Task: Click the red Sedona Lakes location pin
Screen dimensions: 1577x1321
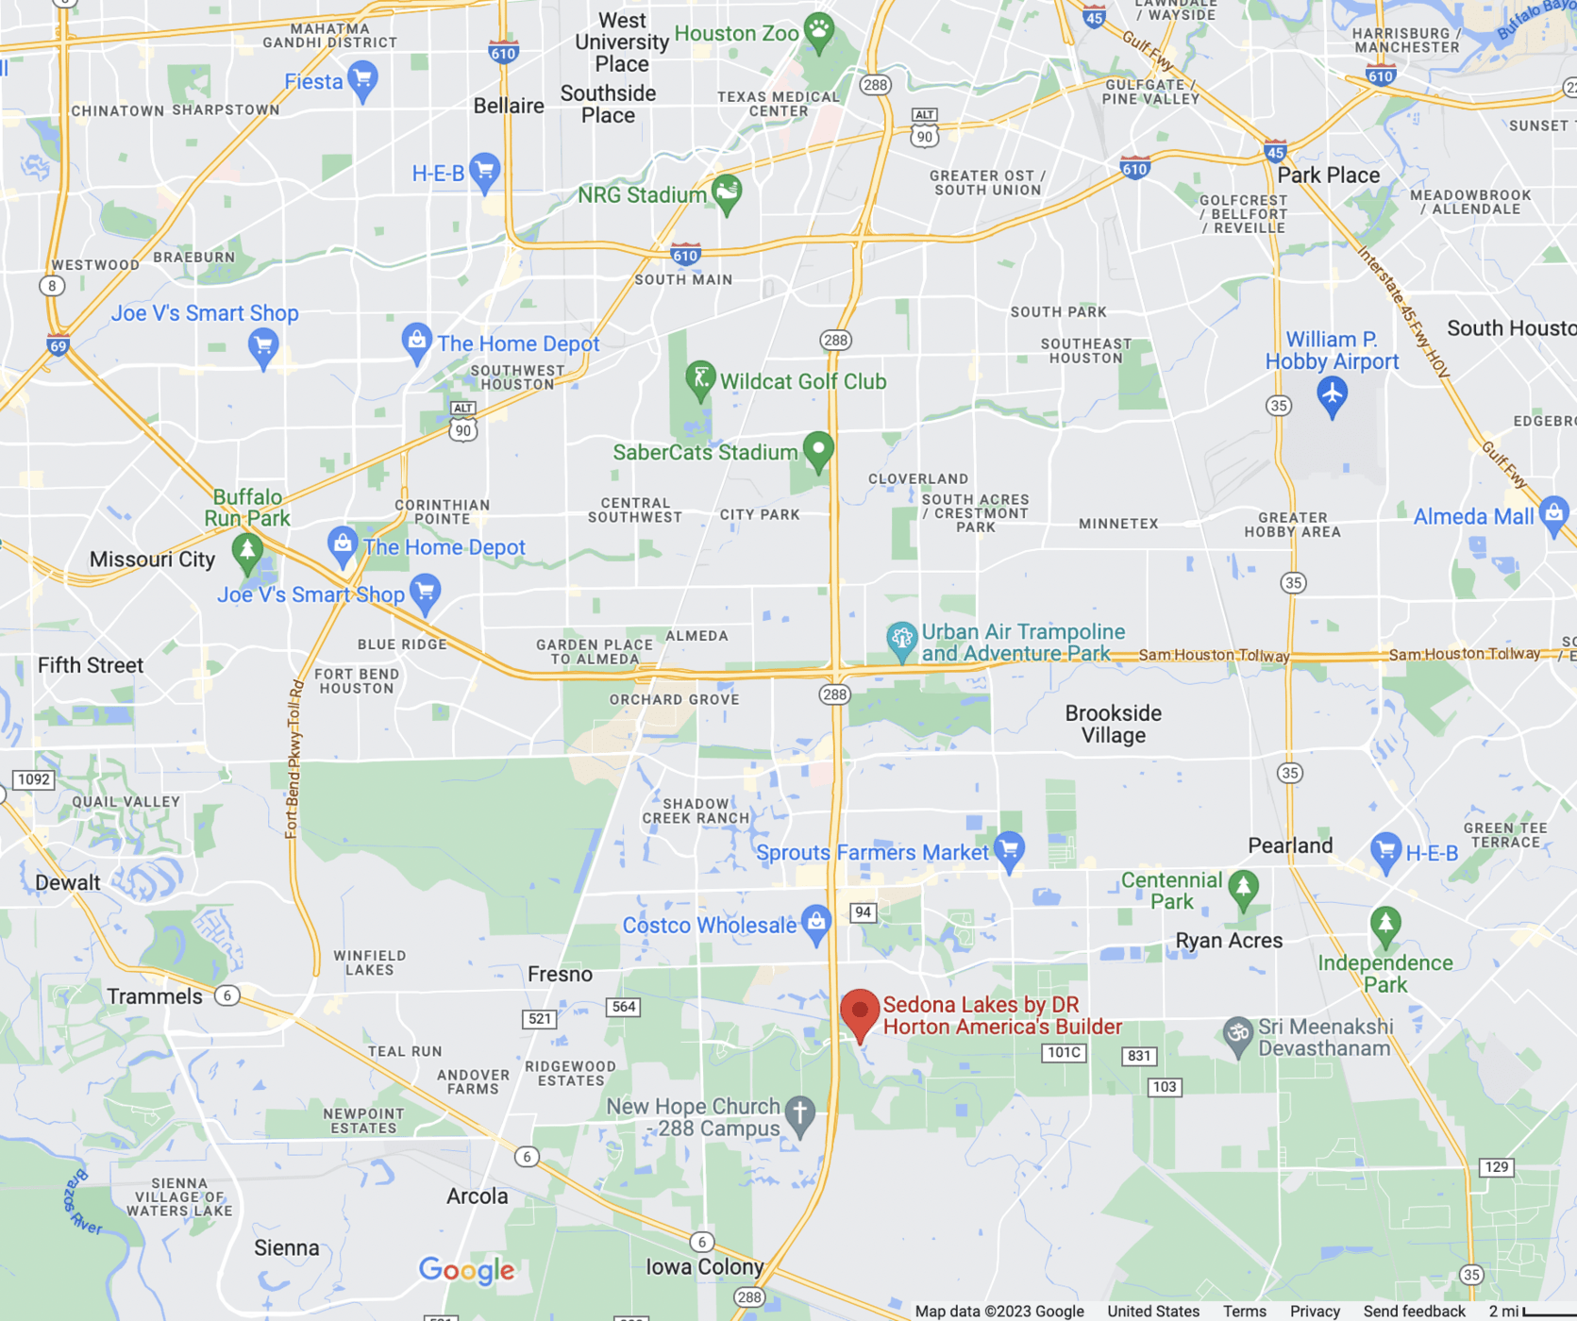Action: pyautogui.click(x=860, y=1012)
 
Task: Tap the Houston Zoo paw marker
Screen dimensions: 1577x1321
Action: pyautogui.click(x=818, y=31)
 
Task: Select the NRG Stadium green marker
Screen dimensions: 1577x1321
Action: pyautogui.click(x=727, y=192)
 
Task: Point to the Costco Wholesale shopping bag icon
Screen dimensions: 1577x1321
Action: pyautogui.click(x=816, y=922)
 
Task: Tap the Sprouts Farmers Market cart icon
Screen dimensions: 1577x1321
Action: pyautogui.click(x=1009, y=849)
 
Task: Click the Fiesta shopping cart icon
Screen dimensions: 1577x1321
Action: pyautogui.click(x=362, y=79)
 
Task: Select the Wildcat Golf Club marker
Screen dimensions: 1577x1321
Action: pyautogui.click(x=700, y=379)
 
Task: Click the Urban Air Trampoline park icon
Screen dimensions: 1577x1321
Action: pyautogui.click(x=901, y=640)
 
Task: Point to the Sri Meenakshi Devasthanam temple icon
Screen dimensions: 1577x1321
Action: pyautogui.click(x=1237, y=1034)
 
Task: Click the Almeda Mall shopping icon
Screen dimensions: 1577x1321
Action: pyautogui.click(x=1553, y=514)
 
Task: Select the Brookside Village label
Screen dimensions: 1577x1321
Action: pyautogui.click(x=1113, y=724)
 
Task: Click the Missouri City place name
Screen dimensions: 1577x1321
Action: pyautogui.click(x=152, y=560)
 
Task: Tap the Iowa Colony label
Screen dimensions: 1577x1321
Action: pyautogui.click(x=704, y=1266)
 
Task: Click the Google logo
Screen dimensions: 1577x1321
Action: pyautogui.click(x=467, y=1270)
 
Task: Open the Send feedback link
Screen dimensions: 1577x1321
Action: pyautogui.click(x=1414, y=1312)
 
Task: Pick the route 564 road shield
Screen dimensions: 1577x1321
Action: pyautogui.click(x=624, y=1007)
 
